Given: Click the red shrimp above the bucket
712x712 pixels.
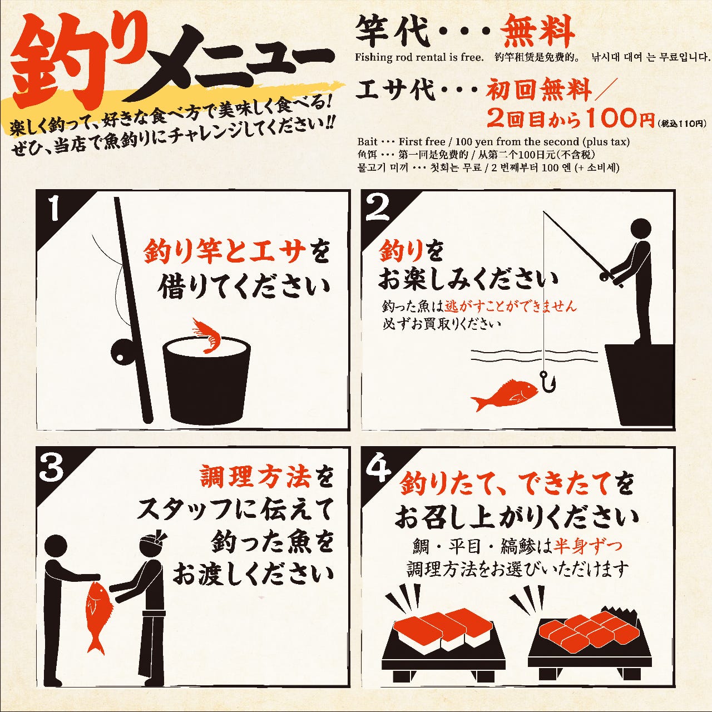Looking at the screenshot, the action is (x=206, y=335).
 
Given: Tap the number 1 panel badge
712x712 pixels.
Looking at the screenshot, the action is (x=55, y=209).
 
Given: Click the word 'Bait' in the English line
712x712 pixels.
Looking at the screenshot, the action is (x=367, y=142).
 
